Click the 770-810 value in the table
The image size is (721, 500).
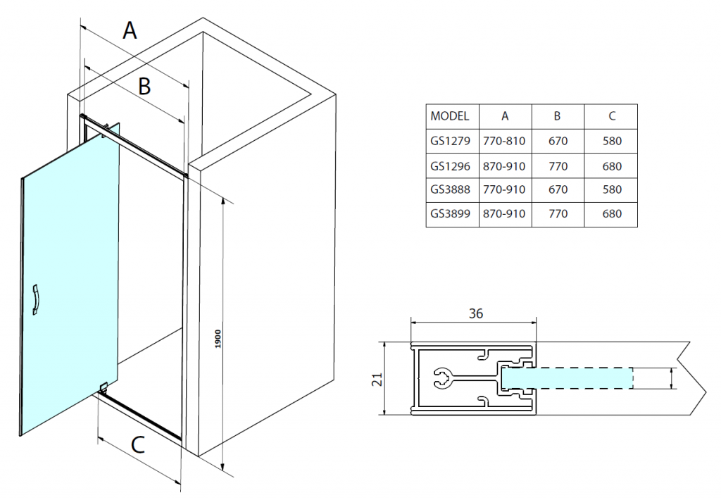(505, 141)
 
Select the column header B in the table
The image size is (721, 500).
(557, 116)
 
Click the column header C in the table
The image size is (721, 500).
(612, 116)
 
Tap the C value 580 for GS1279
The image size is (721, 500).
(612, 141)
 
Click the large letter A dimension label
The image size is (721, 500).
(130, 31)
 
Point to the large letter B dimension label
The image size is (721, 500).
(144, 87)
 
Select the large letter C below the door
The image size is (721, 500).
(138, 445)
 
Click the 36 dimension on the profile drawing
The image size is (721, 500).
(476, 313)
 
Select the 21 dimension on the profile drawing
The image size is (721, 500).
(377, 379)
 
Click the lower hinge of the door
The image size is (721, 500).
(103, 386)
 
